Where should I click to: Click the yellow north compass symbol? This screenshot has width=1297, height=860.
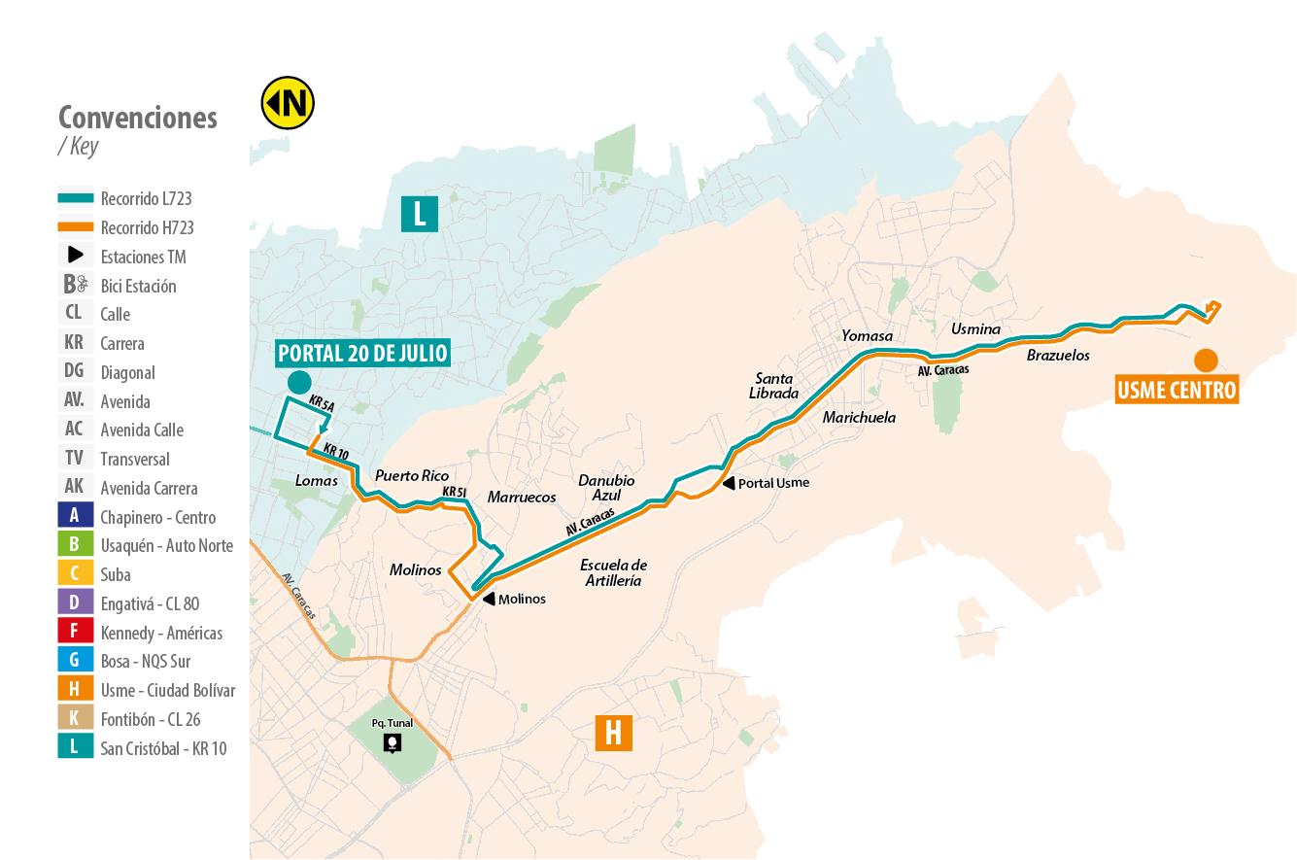(288, 102)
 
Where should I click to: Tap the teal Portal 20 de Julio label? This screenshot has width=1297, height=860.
(363, 352)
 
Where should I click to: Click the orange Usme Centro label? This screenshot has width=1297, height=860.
(1177, 391)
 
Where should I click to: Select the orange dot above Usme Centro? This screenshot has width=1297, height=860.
(1206, 360)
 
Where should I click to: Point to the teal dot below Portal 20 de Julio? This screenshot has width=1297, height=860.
(299, 382)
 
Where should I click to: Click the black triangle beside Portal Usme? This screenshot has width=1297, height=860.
(729, 483)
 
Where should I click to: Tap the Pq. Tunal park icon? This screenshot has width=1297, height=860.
(392, 743)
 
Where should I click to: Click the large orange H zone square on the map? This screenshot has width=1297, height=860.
(613, 732)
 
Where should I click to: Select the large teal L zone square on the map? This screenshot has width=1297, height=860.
(420, 214)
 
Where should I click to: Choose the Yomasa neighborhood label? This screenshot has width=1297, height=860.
(867, 336)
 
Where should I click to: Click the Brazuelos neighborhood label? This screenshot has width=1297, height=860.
(1058, 356)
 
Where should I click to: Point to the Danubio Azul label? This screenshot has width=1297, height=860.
(606, 488)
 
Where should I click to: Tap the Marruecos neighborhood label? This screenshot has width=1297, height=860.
(522, 498)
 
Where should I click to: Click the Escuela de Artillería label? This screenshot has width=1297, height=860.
(613, 573)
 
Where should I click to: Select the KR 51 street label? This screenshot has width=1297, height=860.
(455, 493)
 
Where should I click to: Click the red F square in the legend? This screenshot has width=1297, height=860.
(75, 633)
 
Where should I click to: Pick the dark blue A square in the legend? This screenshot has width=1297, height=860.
(75, 517)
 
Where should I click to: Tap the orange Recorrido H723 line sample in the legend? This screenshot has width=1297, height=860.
(75, 227)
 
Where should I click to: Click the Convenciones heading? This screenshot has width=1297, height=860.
(138, 118)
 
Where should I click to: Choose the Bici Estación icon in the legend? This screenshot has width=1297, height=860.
(75, 286)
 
